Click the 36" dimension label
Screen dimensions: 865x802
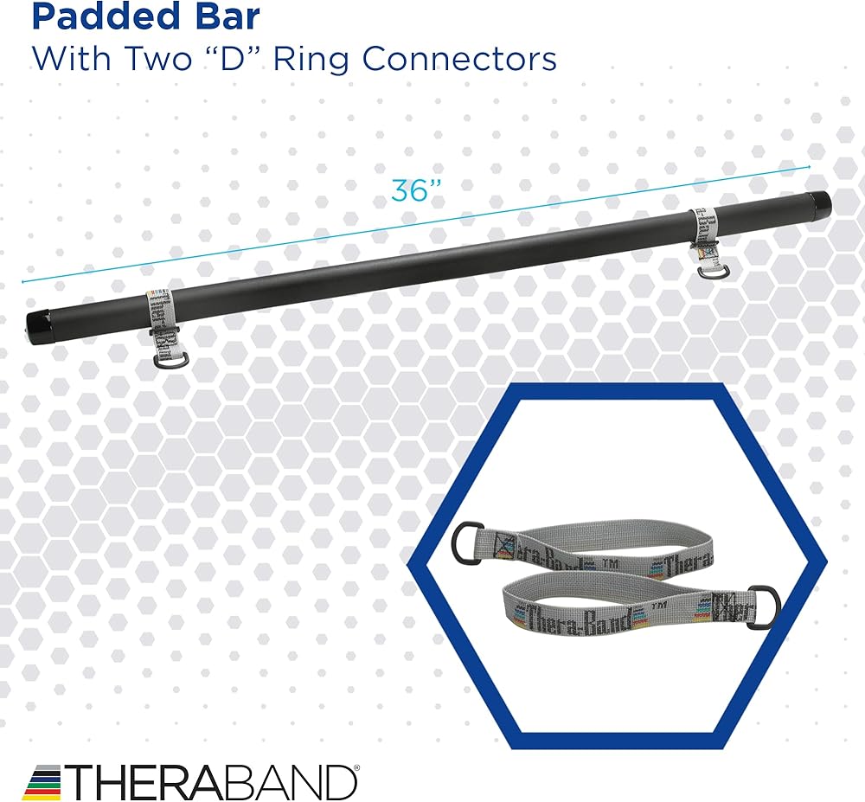410,190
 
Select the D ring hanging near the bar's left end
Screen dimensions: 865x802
170,360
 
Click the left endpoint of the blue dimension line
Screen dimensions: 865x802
23,281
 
